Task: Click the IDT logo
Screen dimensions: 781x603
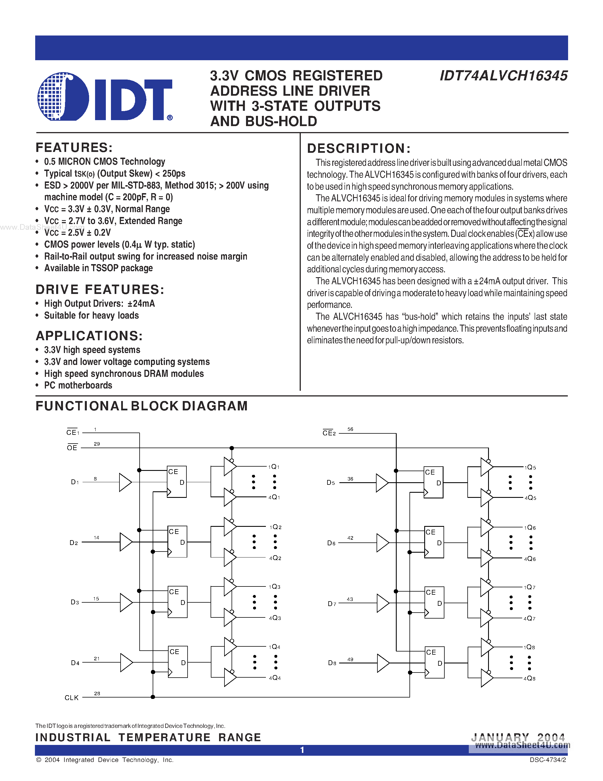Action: coord(105,97)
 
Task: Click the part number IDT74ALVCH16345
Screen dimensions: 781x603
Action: coord(503,76)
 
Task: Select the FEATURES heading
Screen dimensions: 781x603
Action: coord(74,147)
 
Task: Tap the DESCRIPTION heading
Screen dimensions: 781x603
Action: coord(359,149)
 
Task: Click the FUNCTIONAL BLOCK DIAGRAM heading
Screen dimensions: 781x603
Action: coord(142,406)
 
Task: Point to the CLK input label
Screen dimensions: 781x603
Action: coord(72,698)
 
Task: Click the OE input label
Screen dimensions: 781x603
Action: coord(72,448)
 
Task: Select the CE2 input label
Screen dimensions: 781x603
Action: coord(329,433)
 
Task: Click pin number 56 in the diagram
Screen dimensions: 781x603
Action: coord(350,429)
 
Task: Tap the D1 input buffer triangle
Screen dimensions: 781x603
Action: coord(125,482)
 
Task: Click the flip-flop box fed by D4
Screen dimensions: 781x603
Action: coord(178,662)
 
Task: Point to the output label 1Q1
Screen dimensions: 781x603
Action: coord(274,467)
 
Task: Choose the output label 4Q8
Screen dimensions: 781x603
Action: coord(530,678)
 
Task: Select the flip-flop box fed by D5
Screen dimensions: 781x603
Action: coord(433,482)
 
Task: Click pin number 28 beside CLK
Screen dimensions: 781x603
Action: coord(97,694)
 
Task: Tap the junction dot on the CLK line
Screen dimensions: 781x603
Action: coord(153,697)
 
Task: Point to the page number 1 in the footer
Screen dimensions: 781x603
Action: coord(302,750)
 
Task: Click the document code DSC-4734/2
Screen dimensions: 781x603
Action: coord(548,760)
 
